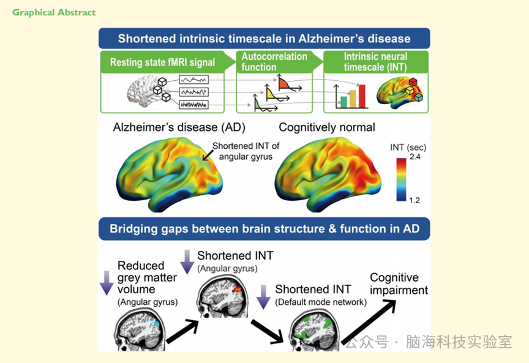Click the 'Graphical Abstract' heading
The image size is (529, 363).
click(x=54, y=13)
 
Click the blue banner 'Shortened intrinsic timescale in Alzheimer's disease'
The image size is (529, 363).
click(x=264, y=39)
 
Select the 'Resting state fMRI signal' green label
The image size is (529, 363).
click(x=162, y=62)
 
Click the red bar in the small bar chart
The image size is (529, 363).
click(x=362, y=95)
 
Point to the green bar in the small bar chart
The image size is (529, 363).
click(x=343, y=102)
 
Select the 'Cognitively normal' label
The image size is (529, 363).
click(x=327, y=127)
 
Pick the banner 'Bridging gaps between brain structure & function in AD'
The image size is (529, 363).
click(x=264, y=230)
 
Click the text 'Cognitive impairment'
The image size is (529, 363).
click(x=399, y=284)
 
